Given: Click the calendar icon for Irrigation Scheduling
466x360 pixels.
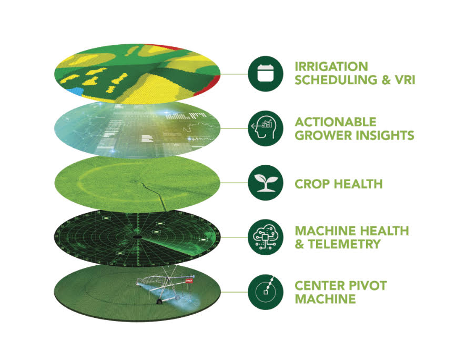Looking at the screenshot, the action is [x=266, y=74].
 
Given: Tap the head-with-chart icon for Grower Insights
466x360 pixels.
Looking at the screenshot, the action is [x=266, y=128].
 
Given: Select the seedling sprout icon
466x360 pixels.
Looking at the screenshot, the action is [x=266, y=183].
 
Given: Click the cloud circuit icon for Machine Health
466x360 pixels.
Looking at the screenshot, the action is [x=266, y=237].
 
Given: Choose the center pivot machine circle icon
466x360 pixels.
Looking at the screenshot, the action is [x=266, y=292].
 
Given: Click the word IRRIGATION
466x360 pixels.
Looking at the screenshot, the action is [x=331, y=67].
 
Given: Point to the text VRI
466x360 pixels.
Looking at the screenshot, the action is [x=405, y=79].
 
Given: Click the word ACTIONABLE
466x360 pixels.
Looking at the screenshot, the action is [x=336, y=122].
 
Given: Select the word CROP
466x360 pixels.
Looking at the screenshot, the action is [x=312, y=184].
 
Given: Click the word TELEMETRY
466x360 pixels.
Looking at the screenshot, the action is [x=344, y=244].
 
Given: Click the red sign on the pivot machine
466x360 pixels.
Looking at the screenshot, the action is [x=189, y=281].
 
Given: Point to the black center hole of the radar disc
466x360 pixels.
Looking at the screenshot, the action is [x=137, y=237].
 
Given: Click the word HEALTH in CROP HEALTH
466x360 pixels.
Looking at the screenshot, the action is [x=358, y=184].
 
